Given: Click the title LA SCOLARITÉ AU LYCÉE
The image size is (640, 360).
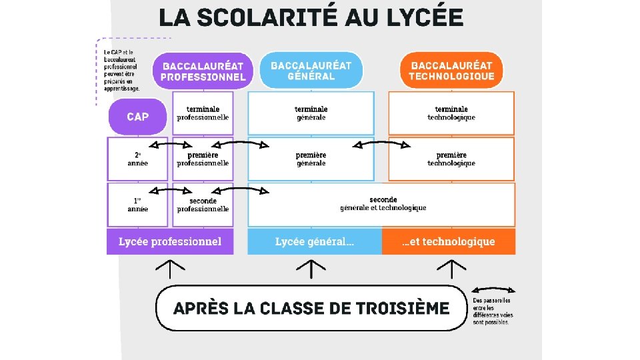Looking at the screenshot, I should (311, 17).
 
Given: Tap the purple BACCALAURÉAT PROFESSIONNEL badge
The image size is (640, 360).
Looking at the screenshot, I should (203, 71).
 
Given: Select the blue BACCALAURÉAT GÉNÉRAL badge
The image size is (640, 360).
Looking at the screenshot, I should (311, 70).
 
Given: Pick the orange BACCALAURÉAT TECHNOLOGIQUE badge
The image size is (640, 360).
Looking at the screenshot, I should (451, 71).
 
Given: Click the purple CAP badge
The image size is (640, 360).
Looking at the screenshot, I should (137, 117).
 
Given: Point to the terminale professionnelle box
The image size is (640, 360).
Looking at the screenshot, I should (203, 113).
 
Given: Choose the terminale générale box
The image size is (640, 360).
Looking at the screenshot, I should (311, 113).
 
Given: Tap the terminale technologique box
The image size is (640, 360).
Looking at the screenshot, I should (451, 113).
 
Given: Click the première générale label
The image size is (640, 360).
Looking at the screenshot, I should (311, 159).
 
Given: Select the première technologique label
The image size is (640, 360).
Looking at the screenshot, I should (451, 159).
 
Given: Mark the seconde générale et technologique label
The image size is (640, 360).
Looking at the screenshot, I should (383, 203).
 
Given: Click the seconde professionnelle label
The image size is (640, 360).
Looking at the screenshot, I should (203, 205).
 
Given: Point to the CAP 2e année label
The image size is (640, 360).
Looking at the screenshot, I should (138, 159).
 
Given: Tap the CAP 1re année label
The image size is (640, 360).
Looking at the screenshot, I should (138, 205).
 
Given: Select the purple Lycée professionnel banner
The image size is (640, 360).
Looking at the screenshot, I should (170, 241).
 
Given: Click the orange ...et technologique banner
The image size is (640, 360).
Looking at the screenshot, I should (449, 241).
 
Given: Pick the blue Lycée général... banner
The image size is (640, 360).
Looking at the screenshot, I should (315, 241).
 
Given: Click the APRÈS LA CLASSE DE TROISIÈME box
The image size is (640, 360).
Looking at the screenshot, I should (311, 308).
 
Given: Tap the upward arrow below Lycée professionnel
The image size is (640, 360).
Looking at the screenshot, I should (170, 269).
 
